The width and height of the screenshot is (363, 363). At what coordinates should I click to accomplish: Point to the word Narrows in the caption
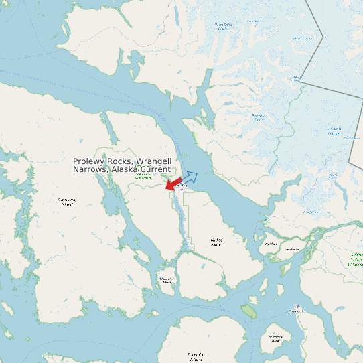[x=90, y=170]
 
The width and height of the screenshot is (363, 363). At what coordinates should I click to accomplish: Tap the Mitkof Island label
[x=216, y=242]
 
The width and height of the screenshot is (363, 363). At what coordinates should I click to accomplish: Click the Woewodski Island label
[x=166, y=280]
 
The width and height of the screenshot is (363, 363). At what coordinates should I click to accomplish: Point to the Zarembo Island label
[x=196, y=356]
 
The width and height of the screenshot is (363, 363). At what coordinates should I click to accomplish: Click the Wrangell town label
[x=295, y=311]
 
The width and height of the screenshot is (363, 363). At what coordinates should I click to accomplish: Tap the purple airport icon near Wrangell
[x=298, y=306]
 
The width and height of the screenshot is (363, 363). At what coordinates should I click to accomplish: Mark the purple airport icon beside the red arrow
[x=181, y=190]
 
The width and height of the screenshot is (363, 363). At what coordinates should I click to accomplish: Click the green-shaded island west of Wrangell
[x=248, y=311]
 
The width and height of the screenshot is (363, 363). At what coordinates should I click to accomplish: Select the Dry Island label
[x=271, y=244]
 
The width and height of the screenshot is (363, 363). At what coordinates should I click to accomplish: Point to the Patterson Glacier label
[x=259, y=118]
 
